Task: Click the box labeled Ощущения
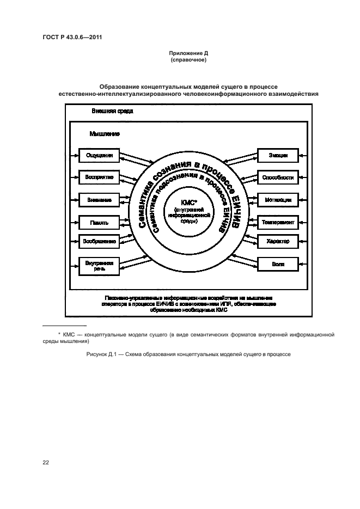(99, 155)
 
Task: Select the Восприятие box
(99, 177)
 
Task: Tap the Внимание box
(99, 200)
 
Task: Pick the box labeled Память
(99, 222)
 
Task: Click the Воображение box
(99, 241)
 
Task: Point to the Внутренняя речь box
(99, 265)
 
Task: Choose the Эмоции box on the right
(278, 155)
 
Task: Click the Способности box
(278, 177)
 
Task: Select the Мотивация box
(278, 200)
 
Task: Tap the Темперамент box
(278, 222)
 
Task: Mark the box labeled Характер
(278, 241)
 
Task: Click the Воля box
(278, 265)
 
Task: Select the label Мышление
(105, 133)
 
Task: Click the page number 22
(46, 463)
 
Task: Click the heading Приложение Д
(188, 54)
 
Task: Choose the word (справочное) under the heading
(188, 60)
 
